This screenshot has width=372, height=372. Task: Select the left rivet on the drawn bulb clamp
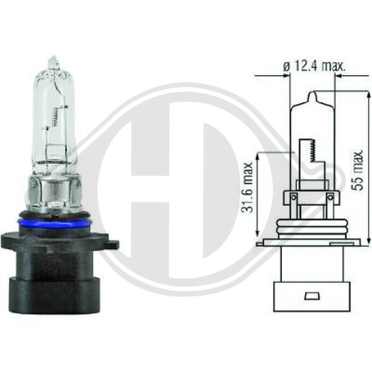[x=295, y=198]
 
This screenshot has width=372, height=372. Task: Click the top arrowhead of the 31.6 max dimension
[x=260, y=155]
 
